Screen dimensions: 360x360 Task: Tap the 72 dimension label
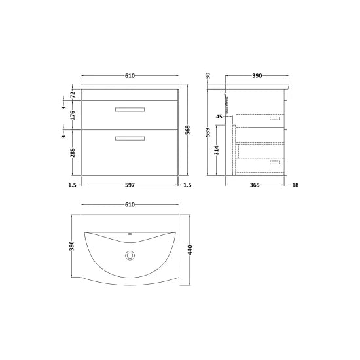click(72, 95)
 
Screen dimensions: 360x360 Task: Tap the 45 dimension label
click(221, 117)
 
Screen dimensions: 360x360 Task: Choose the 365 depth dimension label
click(257, 186)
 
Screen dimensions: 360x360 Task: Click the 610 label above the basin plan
click(130, 205)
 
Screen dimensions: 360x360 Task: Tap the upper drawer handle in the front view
click(130, 109)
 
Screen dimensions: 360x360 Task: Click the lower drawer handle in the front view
click(130, 137)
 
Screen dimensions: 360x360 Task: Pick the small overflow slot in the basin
click(130, 235)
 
